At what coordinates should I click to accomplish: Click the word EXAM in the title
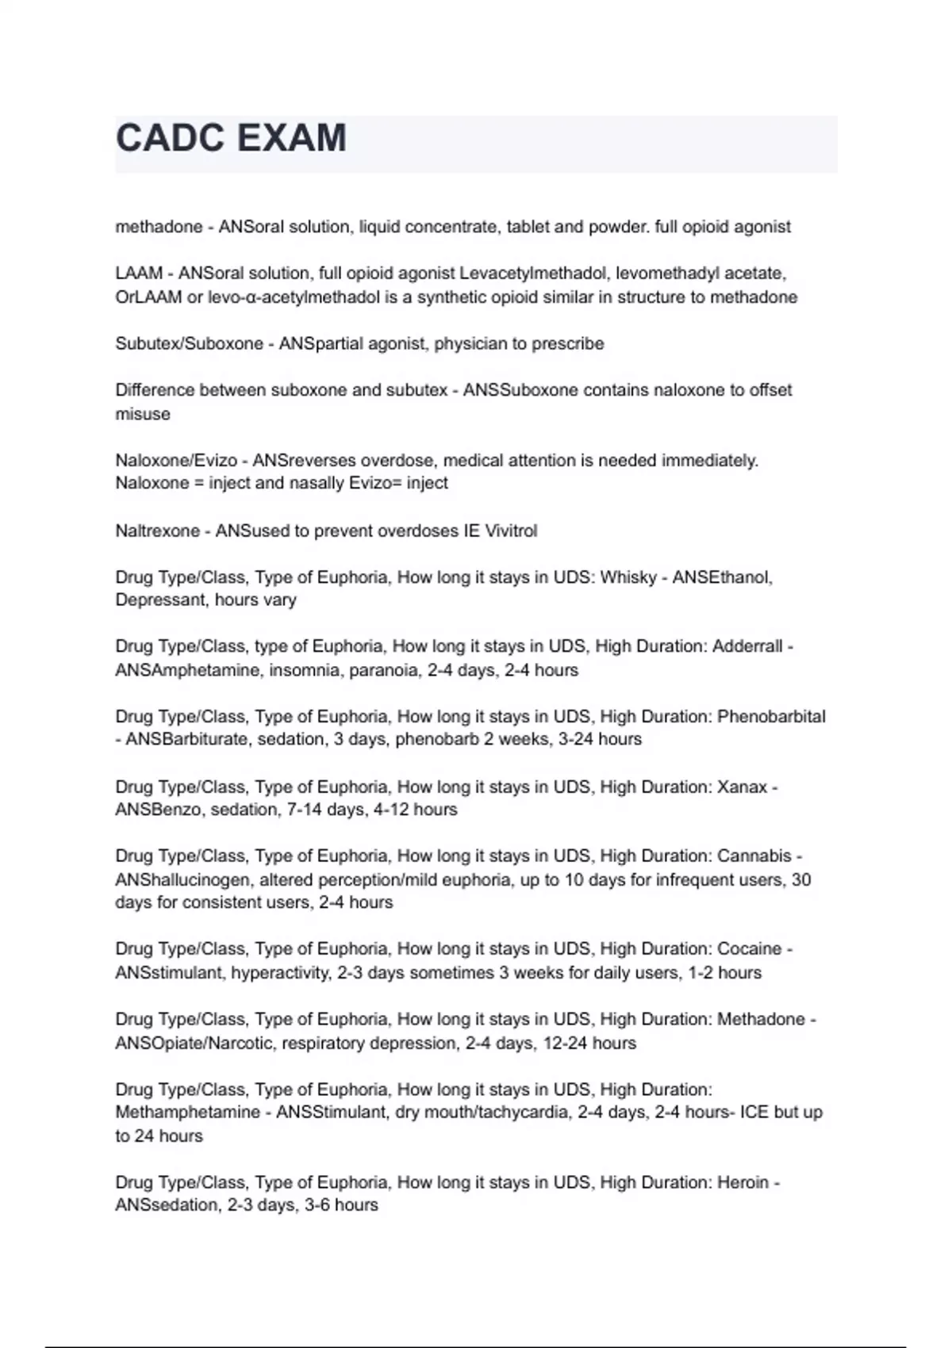tap(291, 139)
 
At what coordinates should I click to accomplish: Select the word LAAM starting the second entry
tap(139, 274)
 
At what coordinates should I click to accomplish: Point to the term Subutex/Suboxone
tap(189, 344)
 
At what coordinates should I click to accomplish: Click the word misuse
tap(143, 414)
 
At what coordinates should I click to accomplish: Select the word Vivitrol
tap(506, 530)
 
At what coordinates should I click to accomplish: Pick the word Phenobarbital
tap(771, 717)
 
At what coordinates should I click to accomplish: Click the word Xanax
tap(742, 787)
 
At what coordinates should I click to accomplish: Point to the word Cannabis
tap(754, 856)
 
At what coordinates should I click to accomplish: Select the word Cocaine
tap(750, 949)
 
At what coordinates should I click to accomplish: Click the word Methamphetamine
tap(188, 1112)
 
